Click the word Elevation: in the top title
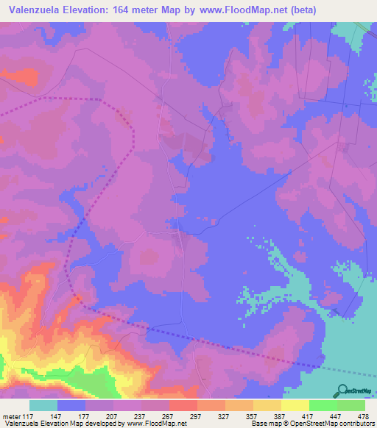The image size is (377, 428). pyautogui.click(x=96, y=10)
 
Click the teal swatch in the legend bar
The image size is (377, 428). pyautogui.click(x=43, y=405)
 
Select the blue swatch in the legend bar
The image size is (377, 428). pyautogui.click(x=71, y=405)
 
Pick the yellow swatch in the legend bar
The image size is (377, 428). pyautogui.click(x=295, y=405)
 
